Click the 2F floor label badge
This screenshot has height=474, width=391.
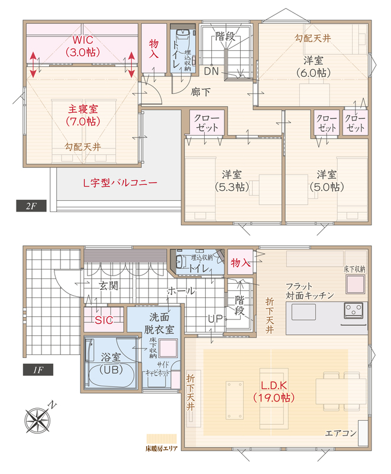(x=31, y=206)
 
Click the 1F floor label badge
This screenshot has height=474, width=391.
(x=38, y=370)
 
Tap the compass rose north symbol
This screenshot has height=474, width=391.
(x=38, y=419)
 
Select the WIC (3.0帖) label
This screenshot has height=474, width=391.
(x=82, y=46)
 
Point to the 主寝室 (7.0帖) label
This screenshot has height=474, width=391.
(x=83, y=115)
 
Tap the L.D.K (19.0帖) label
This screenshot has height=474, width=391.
(x=274, y=391)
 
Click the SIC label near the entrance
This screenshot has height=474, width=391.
(x=104, y=320)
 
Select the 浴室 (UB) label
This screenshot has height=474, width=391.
(x=111, y=363)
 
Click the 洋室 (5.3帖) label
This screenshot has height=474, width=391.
(x=232, y=181)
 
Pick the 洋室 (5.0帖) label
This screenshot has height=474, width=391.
(x=327, y=181)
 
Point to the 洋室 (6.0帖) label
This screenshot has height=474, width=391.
(x=313, y=66)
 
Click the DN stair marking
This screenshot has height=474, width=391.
(x=211, y=71)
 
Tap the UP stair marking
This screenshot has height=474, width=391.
(x=215, y=318)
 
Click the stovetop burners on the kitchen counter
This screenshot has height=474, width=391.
(x=354, y=310)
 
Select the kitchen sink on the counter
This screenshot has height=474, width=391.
(x=303, y=312)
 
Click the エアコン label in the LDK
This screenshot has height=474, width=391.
(x=341, y=433)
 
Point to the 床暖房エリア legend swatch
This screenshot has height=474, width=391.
(x=161, y=438)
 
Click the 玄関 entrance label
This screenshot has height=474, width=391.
(x=109, y=286)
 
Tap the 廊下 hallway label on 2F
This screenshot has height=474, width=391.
(x=201, y=92)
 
